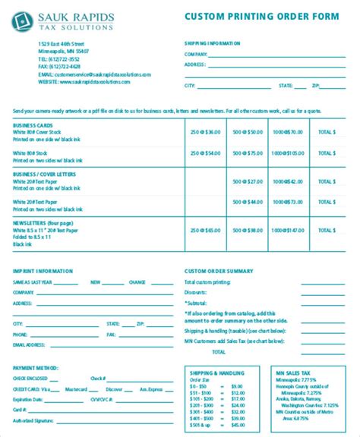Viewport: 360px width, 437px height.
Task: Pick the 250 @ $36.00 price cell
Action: click(x=205, y=132)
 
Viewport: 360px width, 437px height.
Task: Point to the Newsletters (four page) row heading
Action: click(x=43, y=223)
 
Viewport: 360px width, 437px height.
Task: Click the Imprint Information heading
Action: click(x=43, y=270)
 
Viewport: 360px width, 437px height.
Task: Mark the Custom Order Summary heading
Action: click(x=219, y=270)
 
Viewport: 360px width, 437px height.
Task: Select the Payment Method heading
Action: click(x=36, y=368)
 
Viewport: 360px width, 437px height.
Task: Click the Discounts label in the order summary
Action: click(x=197, y=292)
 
